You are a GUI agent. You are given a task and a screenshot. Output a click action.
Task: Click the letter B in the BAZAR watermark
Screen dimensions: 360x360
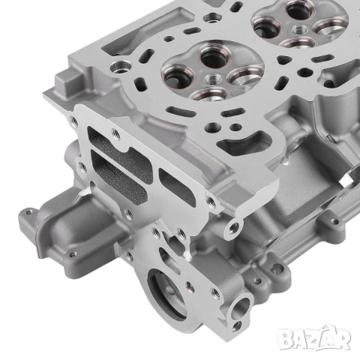(286, 338)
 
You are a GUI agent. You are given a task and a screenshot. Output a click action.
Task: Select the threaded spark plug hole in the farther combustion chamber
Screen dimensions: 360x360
(300, 31)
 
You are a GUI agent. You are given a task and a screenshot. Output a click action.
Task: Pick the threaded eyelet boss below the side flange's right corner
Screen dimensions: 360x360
(233, 228)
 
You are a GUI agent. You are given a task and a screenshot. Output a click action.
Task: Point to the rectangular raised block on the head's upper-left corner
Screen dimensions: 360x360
(68, 82)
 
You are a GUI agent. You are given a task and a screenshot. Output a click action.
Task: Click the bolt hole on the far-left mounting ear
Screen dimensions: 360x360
(29, 212)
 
